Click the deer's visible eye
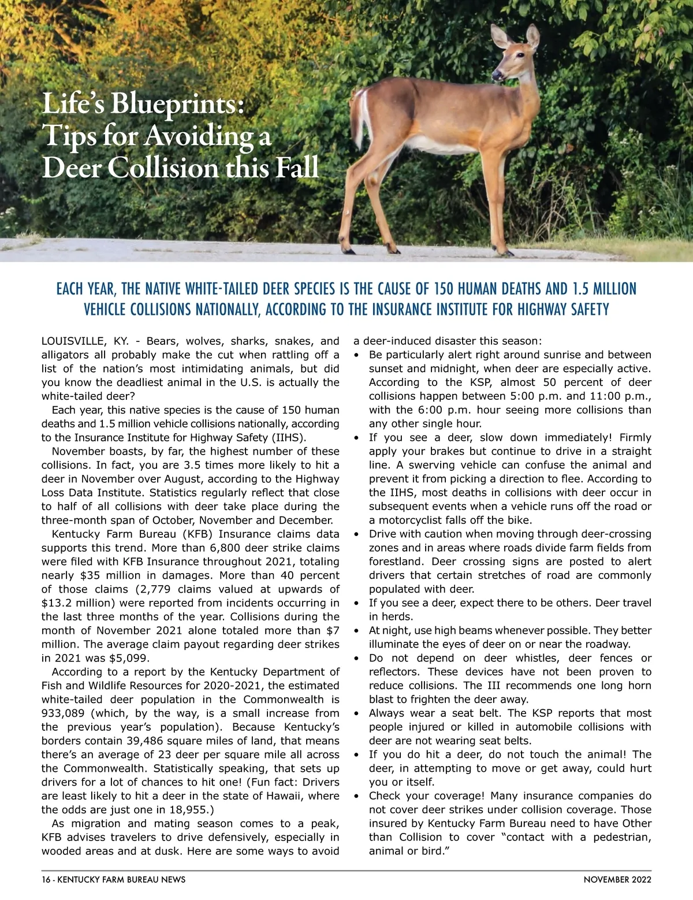[521, 55]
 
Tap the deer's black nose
[495, 75]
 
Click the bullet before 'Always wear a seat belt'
[356, 713]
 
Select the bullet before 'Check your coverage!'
[356, 796]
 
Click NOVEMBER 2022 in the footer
[617, 880]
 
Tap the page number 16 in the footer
[46, 880]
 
